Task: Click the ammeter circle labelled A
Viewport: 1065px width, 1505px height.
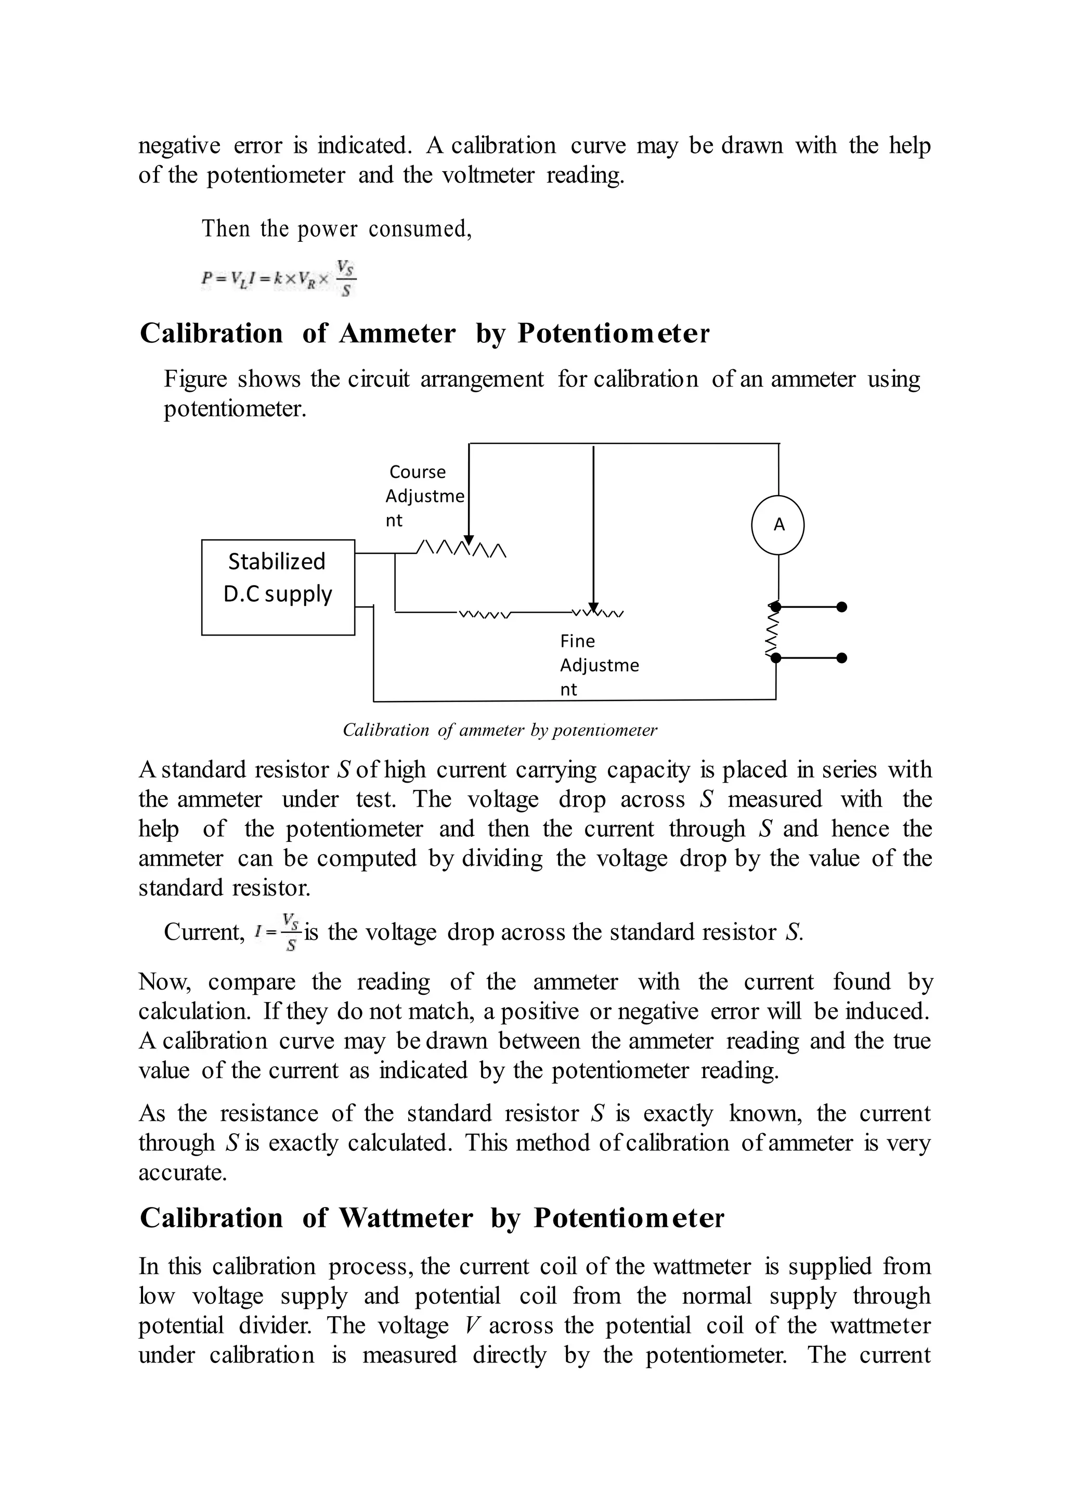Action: point(778,525)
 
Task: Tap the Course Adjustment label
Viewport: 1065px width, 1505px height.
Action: point(424,496)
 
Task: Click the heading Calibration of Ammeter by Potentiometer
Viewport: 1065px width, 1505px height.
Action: point(424,334)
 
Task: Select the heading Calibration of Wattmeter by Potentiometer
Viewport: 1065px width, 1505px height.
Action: point(432,1218)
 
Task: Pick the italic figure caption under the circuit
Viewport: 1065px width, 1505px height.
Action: point(500,730)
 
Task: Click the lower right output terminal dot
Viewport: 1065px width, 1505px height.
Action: point(842,657)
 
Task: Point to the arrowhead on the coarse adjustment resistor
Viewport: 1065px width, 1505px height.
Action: point(469,540)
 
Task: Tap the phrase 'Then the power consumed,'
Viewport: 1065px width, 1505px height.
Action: point(336,229)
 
